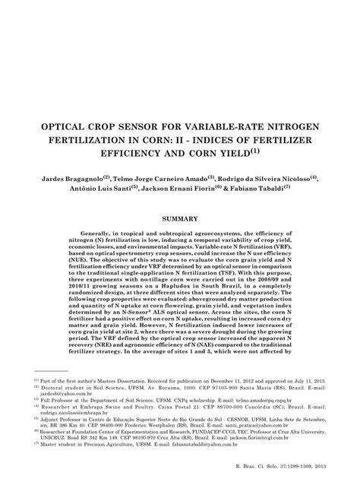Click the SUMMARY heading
coord(180,221)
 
